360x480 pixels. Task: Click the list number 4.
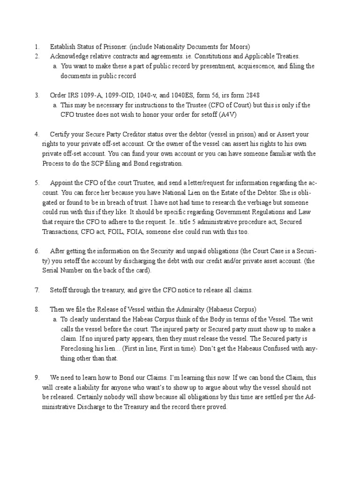click(x=37, y=135)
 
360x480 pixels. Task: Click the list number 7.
click(x=37, y=290)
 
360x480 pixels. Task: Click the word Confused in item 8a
click(x=274, y=349)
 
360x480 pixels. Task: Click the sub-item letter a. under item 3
click(x=55, y=105)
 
